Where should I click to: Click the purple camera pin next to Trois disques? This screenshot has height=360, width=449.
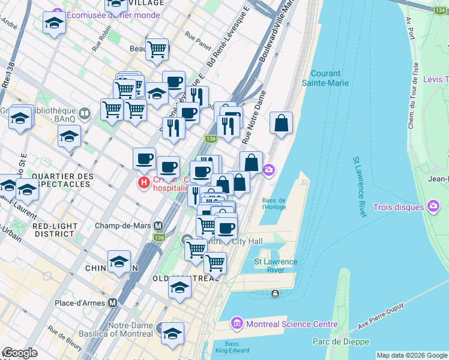(x=434, y=207)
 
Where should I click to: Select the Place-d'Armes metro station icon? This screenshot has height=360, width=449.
(x=112, y=303)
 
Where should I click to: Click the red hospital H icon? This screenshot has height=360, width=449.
(x=143, y=183)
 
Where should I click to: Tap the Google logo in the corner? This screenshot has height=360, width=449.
(x=20, y=353)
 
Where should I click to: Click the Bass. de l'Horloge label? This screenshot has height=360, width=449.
(x=274, y=203)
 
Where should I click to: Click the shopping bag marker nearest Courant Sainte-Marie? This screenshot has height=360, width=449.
(x=281, y=124)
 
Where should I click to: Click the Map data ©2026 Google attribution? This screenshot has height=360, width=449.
(x=411, y=355)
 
